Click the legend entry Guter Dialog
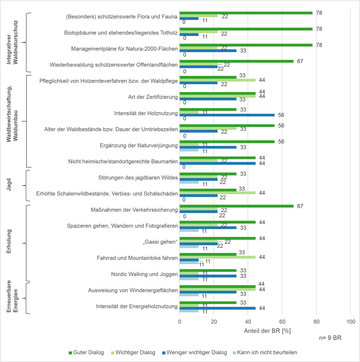(88, 352)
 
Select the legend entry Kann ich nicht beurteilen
(267, 352)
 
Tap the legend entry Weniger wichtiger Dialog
(197, 352)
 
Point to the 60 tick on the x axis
(282, 322)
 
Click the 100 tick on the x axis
(351, 322)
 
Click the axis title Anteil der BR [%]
(267, 331)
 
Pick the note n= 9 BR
(330, 338)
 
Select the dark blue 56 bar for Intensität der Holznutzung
(227, 115)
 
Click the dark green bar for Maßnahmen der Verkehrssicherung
(236, 206)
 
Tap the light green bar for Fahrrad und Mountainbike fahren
(217, 257)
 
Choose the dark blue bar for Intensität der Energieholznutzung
(217, 308)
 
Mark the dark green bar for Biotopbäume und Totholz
(246, 29)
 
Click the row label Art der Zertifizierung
(153, 97)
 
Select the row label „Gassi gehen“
(160, 242)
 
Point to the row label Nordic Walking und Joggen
(144, 274)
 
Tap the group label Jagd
(9, 185)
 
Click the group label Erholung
(9, 241)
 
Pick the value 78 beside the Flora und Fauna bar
(319, 13)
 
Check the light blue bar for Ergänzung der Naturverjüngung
(189, 150)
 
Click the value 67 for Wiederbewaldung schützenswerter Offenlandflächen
(300, 61)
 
